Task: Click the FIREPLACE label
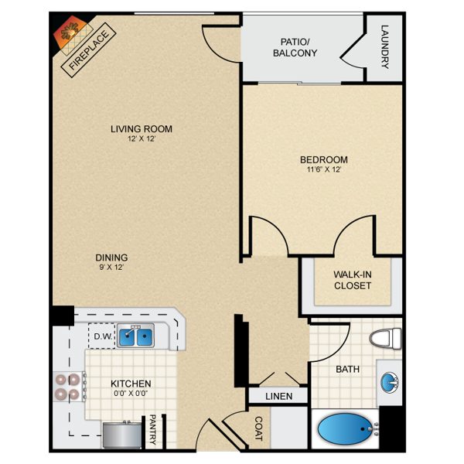pyautogui.click(x=88, y=50)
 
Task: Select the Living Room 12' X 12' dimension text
pyautogui.click(x=142, y=138)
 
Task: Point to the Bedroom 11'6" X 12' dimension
pyautogui.click(x=324, y=169)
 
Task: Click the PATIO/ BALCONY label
pyautogui.click(x=295, y=47)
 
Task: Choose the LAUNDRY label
pyautogui.click(x=384, y=46)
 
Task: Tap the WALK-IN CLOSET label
pyautogui.click(x=353, y=280)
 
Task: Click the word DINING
pyautogui.click(x=111, y=258)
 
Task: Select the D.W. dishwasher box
pyautogui.click(x=102, y=336)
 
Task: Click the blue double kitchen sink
pyautogui.click(x=135, y=336)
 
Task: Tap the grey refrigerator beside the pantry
pyautogui.click(x=122, y=435)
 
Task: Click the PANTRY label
pyautogui.click(x=152, y=429)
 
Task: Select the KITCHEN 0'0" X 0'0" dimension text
pyautogui.click(x=131, y=394)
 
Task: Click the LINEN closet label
pyautogui.click(x=278, y=396)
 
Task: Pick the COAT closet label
pyautogui.click(x=258, y=428)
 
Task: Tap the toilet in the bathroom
pyautogui.click(x=385, y=338)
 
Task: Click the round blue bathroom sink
pyautogui.click(x=390, y=383)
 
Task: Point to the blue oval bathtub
pyautogui.click(x=346, y=429)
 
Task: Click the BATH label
pyautogui.click(x=348, y=370)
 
